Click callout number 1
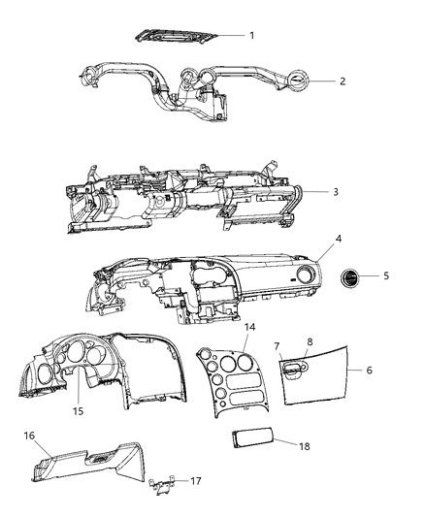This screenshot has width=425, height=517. [251, 35]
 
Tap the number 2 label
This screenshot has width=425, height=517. [343, 81]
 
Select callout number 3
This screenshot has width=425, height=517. [336, 192]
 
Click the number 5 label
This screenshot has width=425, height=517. [386, 275]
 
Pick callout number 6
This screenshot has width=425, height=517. [370, 370]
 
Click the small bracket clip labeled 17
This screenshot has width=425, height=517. [163, 482]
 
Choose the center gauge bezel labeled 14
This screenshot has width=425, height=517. [229, 379]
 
